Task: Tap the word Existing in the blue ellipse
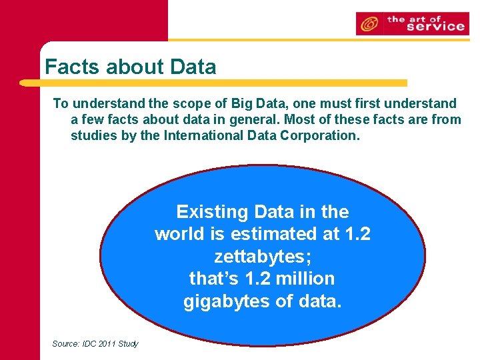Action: (206, 212)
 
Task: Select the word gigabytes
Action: (229, 301)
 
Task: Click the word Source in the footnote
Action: (65, 343)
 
